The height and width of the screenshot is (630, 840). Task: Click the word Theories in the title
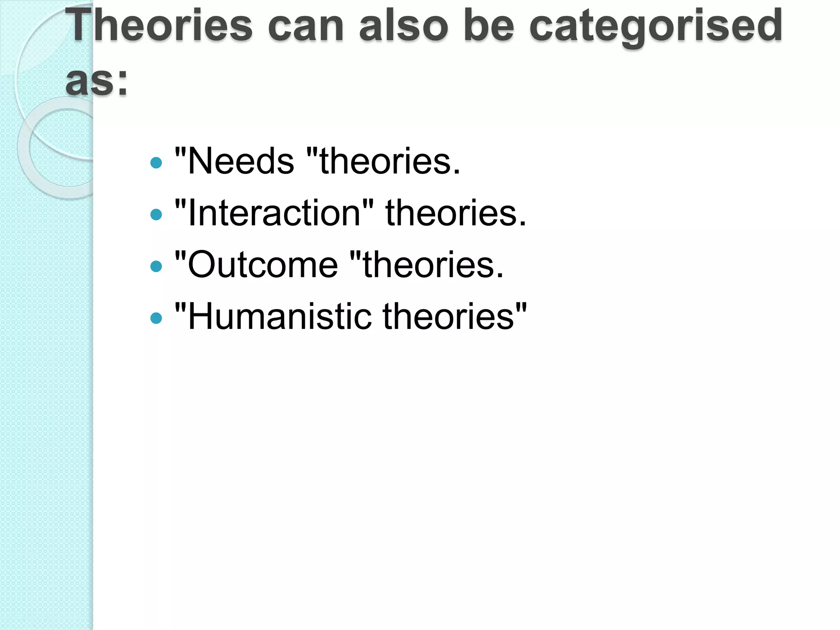pyautogui.click(x=159, y=25)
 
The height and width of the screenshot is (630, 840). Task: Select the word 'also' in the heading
pyautogui.click(x=404, y=25)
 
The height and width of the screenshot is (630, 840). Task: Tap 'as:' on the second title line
pyautogui.click(x=97, y=81)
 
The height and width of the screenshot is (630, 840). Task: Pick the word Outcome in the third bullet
pyautogui.click(x=262, y=265)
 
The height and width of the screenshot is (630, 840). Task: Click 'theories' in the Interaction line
pyautogui.click(x=455, y=213)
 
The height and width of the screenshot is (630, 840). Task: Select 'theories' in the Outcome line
pyautogui.click(x=433, y=265)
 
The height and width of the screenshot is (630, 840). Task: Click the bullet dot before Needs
pyautogui.click(x=156, y=163)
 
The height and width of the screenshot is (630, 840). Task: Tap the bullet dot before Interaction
pyautogui.click(x=156, y=215)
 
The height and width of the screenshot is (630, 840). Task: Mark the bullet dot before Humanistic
pyautogui.click(x=156, y=318)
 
